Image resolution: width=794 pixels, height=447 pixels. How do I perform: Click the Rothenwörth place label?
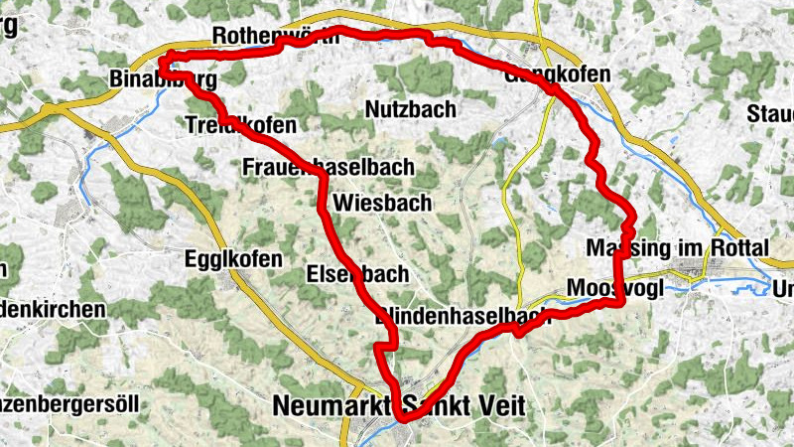(x=275, y=37)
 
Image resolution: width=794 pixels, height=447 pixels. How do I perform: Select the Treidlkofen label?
(x=240, y=125)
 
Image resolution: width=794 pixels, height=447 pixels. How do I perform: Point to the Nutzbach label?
(x=410, y=108)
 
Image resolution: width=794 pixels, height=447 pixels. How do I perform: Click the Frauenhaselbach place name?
(x=329, y=167)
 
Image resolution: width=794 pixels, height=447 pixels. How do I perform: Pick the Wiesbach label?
(x=383, y=203)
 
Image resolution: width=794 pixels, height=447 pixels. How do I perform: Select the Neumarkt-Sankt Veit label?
(x=397, y=407)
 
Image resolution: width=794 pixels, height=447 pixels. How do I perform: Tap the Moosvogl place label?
(x=603, y=288)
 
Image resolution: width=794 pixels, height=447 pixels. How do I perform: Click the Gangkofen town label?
(x=557, y=74)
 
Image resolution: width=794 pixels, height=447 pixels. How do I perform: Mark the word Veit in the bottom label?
(x=493, y=407)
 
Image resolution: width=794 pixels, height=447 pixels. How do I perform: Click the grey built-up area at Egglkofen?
(x=236, y=282)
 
